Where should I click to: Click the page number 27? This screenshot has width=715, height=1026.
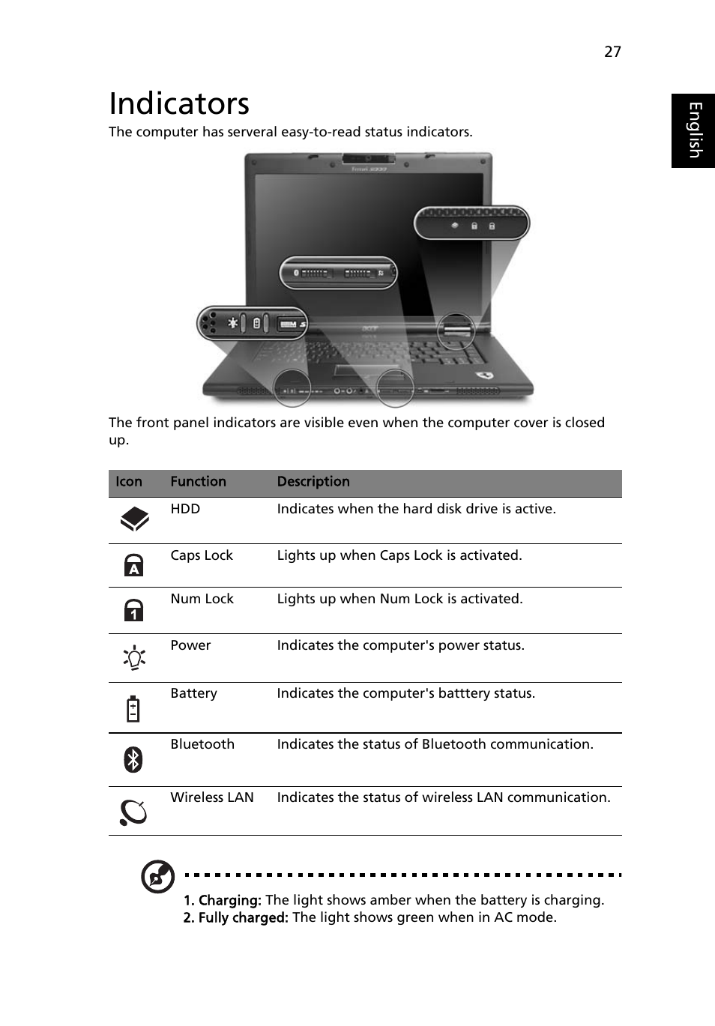point(612,51)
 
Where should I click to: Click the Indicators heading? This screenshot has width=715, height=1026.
point(179,103)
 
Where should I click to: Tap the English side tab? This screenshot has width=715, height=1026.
point(694,130)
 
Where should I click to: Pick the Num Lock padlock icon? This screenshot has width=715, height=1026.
point(133,610)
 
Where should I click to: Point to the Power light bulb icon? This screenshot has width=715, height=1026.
point(134,658)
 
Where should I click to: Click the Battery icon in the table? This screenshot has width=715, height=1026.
point(133,707)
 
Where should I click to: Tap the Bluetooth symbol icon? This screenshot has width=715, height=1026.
point(133,759)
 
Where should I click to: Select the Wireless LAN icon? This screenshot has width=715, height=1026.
point(133,812)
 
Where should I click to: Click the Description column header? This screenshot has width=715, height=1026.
point(313,482)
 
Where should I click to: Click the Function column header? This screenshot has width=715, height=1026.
point(198,482)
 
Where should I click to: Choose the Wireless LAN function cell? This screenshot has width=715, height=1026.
point(212,797)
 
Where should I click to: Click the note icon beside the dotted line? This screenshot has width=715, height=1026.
point(158,877)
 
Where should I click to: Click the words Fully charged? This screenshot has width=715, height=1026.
point(235,917)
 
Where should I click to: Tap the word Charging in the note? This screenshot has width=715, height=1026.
point(229,900)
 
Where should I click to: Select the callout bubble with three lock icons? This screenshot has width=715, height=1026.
point(472,224)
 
